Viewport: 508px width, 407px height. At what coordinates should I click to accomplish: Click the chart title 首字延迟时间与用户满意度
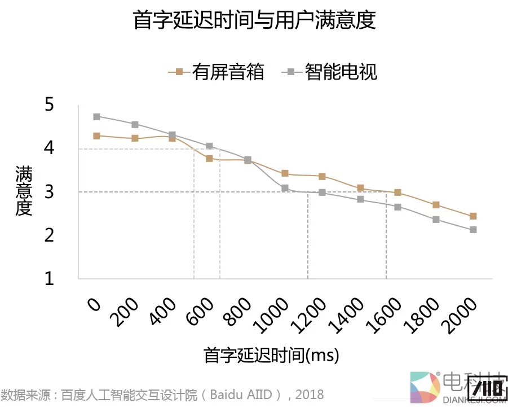tap(254, 21)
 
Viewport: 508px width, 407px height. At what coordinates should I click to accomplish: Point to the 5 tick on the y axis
tap(49, 104)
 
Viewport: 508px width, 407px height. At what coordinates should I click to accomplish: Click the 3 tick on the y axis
tap(49, 192)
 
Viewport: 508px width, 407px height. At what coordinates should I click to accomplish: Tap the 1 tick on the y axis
tap(49, 279)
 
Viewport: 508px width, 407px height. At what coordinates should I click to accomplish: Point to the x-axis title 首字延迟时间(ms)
tap(271, 356)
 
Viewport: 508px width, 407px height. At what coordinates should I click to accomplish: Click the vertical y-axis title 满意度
tap(24, 191)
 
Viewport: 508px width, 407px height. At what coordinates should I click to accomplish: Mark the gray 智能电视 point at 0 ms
tap(96, 117)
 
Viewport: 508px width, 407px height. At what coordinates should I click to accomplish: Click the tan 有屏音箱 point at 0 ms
tap(96, 136)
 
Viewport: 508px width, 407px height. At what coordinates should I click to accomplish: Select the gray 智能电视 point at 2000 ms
tap(473, 230)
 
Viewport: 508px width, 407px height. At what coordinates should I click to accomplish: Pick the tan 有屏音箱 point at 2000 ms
tap(473, 216)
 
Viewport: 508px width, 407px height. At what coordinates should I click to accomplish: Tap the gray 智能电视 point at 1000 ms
tap(285, 188)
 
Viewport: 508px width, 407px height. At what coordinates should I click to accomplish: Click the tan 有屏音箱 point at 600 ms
tap(209, 159)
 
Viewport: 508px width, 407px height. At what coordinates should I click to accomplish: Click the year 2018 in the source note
tap(309, 394)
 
